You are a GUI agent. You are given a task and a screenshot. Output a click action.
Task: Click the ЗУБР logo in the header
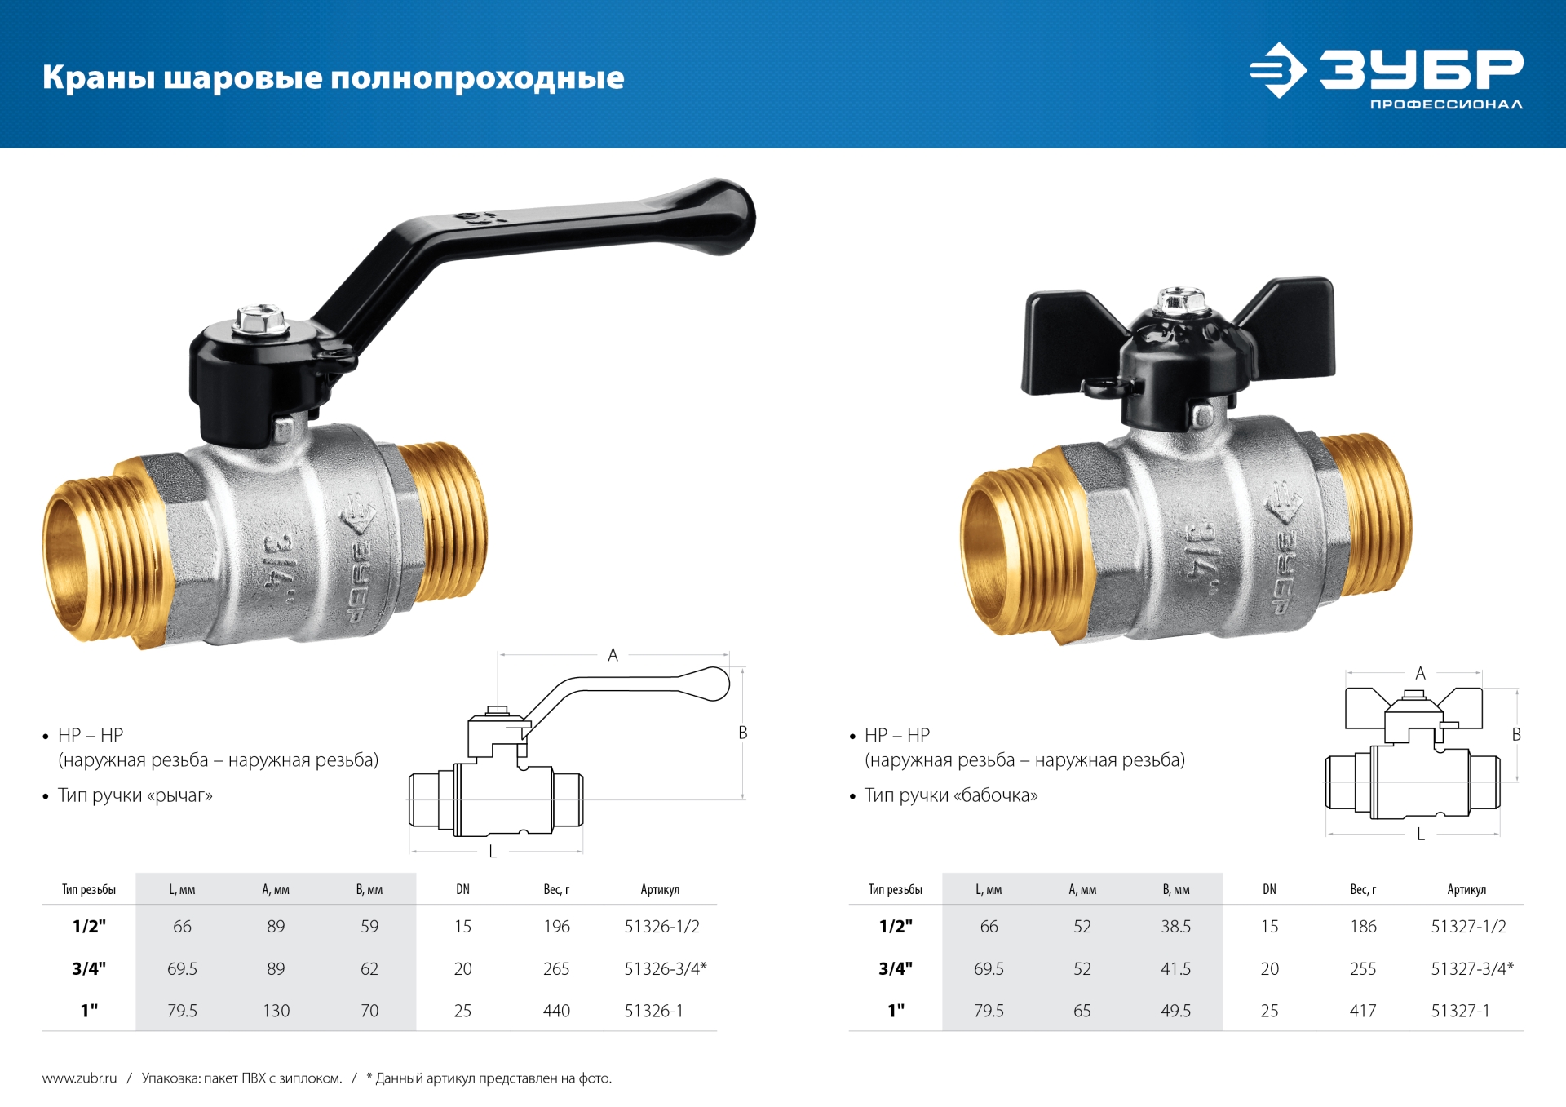click(x=1387, y=73)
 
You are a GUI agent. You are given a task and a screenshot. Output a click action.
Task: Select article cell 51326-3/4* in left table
click(x=665, y=968)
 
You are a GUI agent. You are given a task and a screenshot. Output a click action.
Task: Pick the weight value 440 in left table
click(x=556, y=1011)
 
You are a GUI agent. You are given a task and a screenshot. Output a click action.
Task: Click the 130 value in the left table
click(x=276, y=1011)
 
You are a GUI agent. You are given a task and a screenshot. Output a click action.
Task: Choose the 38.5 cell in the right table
click(x=1175, y=927)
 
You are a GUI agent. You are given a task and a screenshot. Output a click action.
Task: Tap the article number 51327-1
click(x=1460, y=1011)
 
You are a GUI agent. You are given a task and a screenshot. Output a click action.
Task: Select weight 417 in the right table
click(x=1362, y=1011)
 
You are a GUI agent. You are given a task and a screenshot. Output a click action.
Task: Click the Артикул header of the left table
click(x=659, y=889)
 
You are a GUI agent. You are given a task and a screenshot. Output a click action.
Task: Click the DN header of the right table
click(x=1269, y=889)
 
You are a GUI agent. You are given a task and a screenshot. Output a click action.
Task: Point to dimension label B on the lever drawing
click(x=742, y=733)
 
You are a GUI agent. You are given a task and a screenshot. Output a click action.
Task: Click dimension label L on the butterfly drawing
click(x=1420, y=835)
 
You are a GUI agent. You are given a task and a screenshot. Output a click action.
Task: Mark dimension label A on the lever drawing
click(x=613, y=655)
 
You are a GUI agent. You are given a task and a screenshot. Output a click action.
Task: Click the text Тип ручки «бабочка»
click(x=950, y=795)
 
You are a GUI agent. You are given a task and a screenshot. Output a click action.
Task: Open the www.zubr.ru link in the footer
click(x=79, y=1078)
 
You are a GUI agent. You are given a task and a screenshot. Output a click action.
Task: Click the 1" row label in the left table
click(x=89, y=1011)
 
